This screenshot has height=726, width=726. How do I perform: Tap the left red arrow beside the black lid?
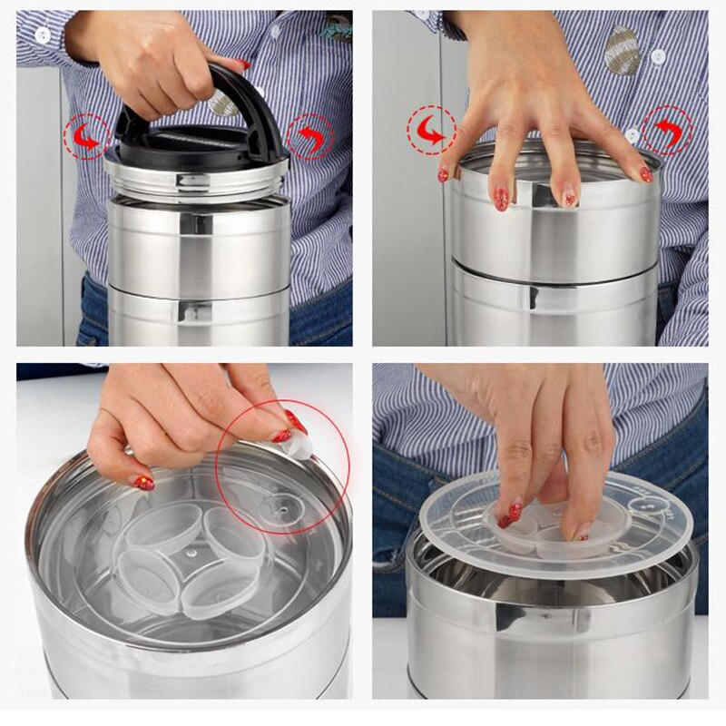click(87, 138)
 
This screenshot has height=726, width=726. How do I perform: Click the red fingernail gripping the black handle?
click(242, 65)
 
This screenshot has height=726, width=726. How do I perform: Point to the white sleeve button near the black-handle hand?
click(43, 34)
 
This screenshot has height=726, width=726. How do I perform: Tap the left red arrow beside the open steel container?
click(430, 132)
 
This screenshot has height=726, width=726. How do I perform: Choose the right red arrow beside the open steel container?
click(667, 130)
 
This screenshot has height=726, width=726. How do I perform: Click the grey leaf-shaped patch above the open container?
click(623, 49)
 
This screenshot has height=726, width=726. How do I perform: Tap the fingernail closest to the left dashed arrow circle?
click(443, 174)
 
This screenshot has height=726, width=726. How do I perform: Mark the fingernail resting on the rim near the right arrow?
click(645, 173)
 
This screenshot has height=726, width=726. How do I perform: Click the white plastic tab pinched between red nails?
click(299, 444)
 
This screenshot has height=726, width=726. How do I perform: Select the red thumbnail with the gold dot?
click(144, 483)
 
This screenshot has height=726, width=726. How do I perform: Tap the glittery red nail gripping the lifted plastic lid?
click(510, 515)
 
